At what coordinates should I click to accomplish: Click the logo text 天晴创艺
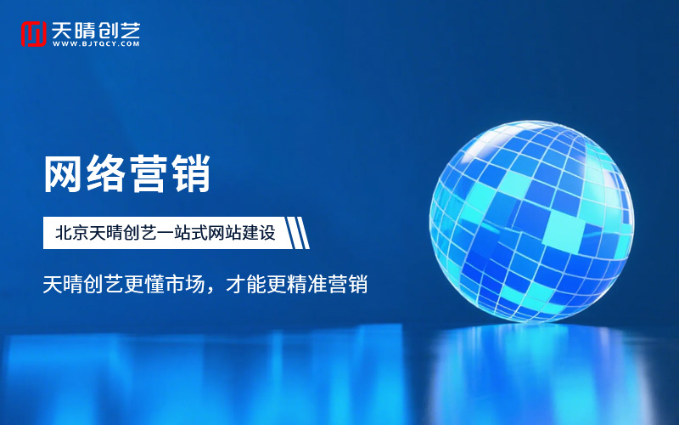tap(95, 29)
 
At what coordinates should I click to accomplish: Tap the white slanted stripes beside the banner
tap(298, 233)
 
